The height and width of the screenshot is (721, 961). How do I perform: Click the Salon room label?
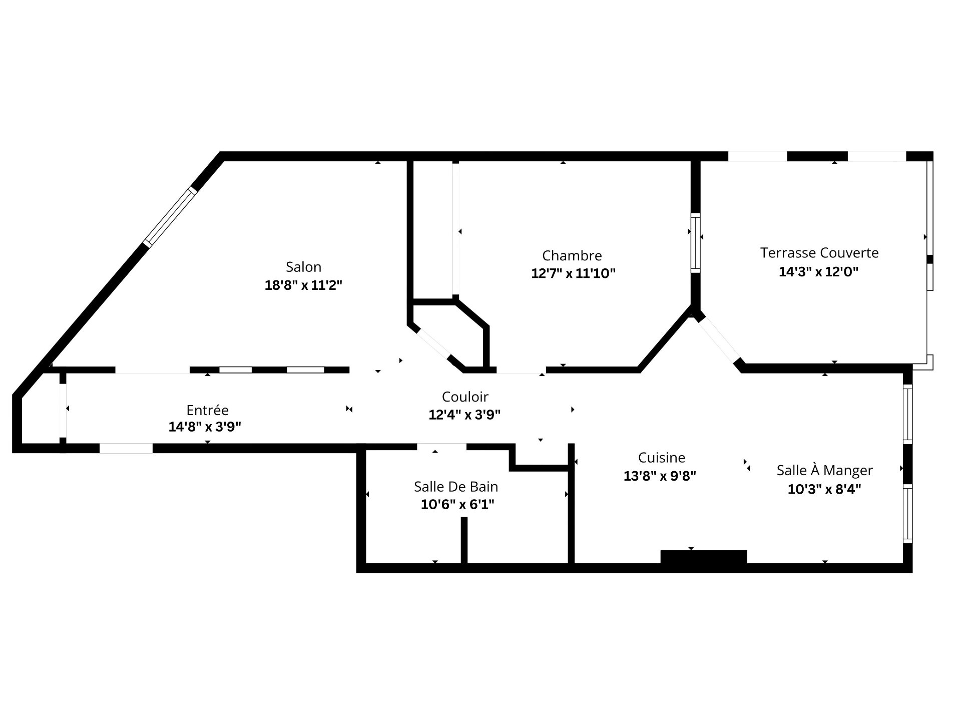303,267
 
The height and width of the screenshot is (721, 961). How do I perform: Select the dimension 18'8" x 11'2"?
303,285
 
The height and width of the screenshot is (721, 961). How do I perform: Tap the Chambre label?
572,256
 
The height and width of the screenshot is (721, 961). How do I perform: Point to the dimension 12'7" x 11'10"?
573,274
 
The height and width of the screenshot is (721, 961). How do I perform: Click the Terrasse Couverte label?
819,253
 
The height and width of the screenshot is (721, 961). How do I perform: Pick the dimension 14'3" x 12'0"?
818,272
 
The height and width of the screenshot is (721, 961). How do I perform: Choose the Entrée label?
207,410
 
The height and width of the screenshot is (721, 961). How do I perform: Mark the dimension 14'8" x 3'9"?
205,427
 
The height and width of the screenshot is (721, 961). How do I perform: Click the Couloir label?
465,397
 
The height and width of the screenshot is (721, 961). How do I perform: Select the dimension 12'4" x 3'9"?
464,415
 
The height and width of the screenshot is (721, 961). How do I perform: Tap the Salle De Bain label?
456,487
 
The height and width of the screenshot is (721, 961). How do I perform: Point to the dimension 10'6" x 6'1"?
457,505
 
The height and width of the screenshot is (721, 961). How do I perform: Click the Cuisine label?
662,458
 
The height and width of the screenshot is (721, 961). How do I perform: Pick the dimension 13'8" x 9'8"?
660,476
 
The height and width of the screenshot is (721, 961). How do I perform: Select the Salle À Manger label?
824,471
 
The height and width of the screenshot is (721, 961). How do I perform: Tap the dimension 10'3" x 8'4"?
824,489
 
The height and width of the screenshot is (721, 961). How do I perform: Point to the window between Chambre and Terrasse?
695,243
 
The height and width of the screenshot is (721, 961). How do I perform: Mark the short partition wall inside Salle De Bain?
464,540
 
